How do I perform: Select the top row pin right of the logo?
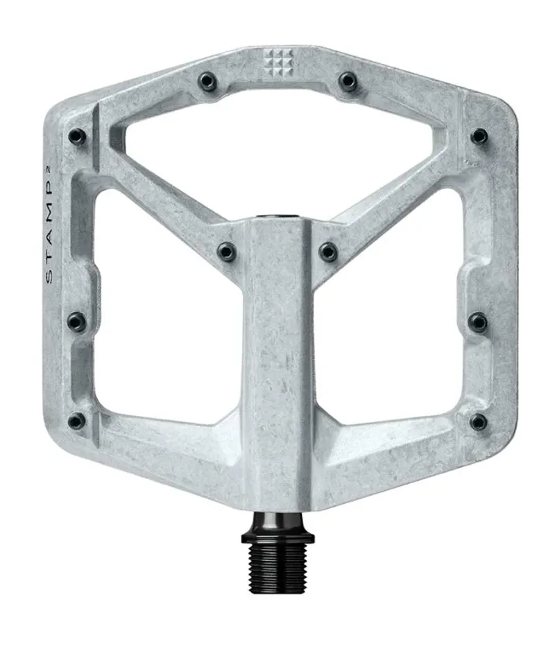coord(347,82)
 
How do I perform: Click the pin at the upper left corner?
coord(76,137)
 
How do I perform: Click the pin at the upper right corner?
coord(478,135)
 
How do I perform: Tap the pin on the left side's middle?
coord(76,321)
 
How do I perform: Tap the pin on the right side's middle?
coord(478,321)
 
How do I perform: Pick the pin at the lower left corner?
coord(76,420)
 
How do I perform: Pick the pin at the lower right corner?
coord(478,421)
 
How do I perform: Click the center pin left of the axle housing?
coord(226,251)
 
